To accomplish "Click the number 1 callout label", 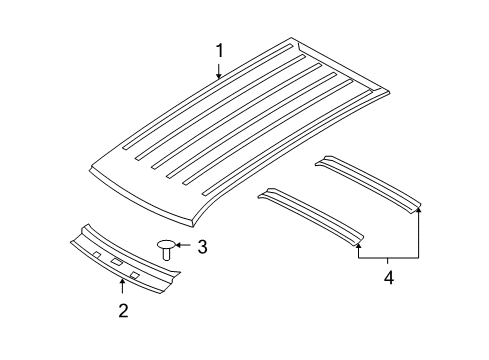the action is point(218,50).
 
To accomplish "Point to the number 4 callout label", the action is point(388,277).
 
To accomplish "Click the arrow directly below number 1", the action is point(218,69).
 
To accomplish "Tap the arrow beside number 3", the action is point(184,246).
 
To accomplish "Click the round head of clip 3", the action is point(166,245).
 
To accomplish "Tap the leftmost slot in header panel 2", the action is point(97,255).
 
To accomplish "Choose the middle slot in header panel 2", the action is point(117,262).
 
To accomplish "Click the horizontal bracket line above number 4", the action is point(388,258).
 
